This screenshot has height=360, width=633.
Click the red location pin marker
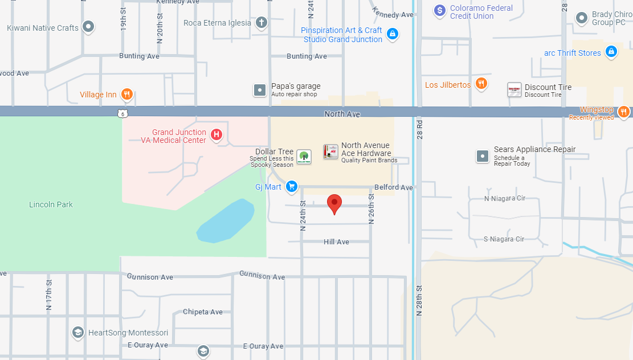[334, 203]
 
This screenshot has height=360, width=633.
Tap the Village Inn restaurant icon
[127, 95]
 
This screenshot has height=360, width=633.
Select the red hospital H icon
[216, 135]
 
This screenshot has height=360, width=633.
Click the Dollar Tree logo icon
[304, 157]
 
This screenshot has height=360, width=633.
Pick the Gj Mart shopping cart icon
[292, 186]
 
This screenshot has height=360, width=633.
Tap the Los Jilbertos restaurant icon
[481, 85]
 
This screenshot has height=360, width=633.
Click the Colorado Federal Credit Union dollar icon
[439, 10]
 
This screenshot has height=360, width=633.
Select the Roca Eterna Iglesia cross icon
[261, 23]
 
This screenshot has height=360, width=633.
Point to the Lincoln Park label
[51, 204]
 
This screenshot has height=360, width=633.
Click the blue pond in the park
[226, 221]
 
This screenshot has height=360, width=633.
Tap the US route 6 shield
[124, 113]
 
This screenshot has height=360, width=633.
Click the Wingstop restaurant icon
[623, 111]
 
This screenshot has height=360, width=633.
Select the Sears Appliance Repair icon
[483, 156]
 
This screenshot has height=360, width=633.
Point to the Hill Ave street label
[336, 242]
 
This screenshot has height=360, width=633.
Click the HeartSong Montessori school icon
[78, 332]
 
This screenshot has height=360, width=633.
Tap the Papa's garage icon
[260, 89]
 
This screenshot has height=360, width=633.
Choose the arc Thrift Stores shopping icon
[611, 52]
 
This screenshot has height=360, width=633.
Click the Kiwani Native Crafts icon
[88, 26]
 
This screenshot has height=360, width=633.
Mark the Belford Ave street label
[394, 187]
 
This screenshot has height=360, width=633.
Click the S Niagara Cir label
[504, 239]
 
